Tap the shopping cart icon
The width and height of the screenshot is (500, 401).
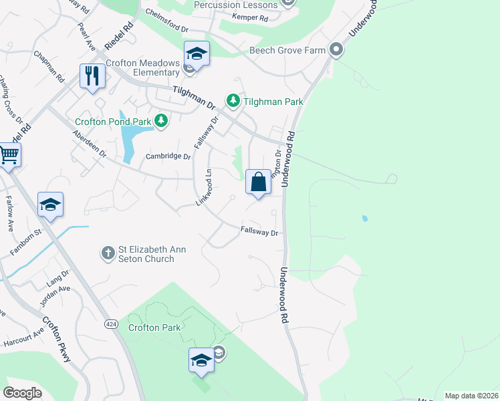[x=8, y=154]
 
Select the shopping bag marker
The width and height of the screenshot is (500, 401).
[x=258, y=182]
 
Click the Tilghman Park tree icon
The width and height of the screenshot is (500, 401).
[x=233, y=101]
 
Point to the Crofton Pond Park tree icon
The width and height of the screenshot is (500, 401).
[x=160, y=121]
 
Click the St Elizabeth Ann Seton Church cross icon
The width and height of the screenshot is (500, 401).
[x=108, y=253]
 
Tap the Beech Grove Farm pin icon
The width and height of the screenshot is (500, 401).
[x=336, y=50]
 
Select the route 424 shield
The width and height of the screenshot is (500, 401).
[x=111, y=324]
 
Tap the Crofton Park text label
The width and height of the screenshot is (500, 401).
[x=153, y=328]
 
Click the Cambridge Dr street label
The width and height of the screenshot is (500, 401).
[x=168, y=157]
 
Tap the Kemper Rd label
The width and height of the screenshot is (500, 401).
[x=250, y=19]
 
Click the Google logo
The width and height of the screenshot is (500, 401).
[x=22, y=392]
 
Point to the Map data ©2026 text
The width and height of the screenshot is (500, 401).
[x=471, y=396]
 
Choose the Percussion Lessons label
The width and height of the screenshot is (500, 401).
[x=235, y=5]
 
